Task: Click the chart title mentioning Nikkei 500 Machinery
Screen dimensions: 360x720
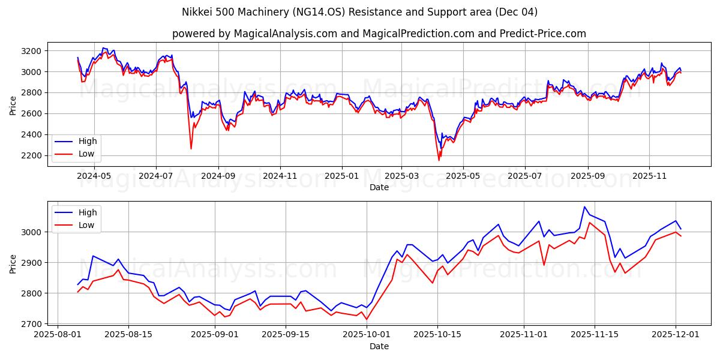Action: pyautogui.click(x=359, y=12)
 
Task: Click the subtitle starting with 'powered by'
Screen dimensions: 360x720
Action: pyautogui.click(x=379, y=34)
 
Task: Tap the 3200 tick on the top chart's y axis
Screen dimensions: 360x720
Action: pyautogui.click(x=32, y=51)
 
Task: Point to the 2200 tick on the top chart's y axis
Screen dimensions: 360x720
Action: pyautogui.click(x=32, y=155)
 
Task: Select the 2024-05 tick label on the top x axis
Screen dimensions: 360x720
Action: pyautogui.click(x=94, y=176)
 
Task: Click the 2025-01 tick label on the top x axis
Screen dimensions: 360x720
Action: pyautogui.click(x=341, y=176)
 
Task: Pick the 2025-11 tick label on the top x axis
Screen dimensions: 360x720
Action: pyautogui.click(x=649, y=176)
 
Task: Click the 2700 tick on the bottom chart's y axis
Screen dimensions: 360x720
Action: pyautogui.click(x=32, y=324)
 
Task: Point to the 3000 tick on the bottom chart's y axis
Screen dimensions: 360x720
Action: pyautogui.click(x=32, y=232)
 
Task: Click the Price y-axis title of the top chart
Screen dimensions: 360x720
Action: pyautogui.click(x=13, y=104)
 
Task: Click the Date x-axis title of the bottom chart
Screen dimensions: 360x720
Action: pyautogui.click(x=379, y=346)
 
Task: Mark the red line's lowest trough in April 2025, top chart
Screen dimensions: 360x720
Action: pyautogui.click(x=439, y=160)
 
